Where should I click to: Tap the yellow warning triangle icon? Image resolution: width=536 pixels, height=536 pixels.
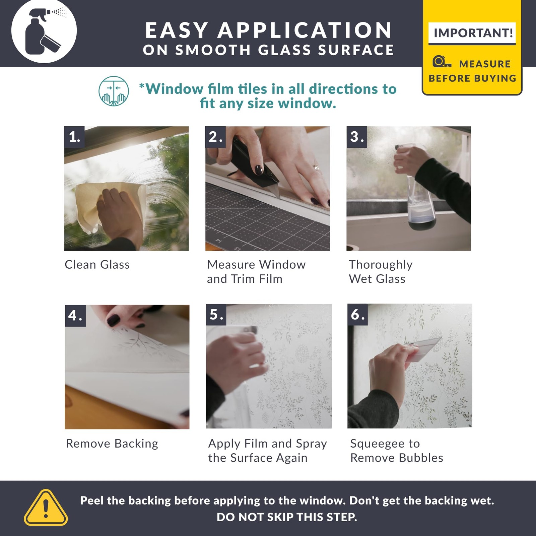46,508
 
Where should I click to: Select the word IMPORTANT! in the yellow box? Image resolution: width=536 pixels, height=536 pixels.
473,33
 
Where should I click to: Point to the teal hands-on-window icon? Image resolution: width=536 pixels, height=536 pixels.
114,91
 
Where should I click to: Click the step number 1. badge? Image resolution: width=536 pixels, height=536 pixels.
74,137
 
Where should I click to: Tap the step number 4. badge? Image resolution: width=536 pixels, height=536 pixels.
75,316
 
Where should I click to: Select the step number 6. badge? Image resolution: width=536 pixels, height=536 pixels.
357,315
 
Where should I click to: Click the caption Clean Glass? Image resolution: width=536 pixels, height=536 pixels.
97,265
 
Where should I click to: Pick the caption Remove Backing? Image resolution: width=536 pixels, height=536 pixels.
112,444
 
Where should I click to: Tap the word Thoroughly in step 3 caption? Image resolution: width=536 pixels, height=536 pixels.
381,265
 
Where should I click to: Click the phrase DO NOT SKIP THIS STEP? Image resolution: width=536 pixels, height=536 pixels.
287,517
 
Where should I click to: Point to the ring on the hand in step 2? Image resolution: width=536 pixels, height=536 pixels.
316,167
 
